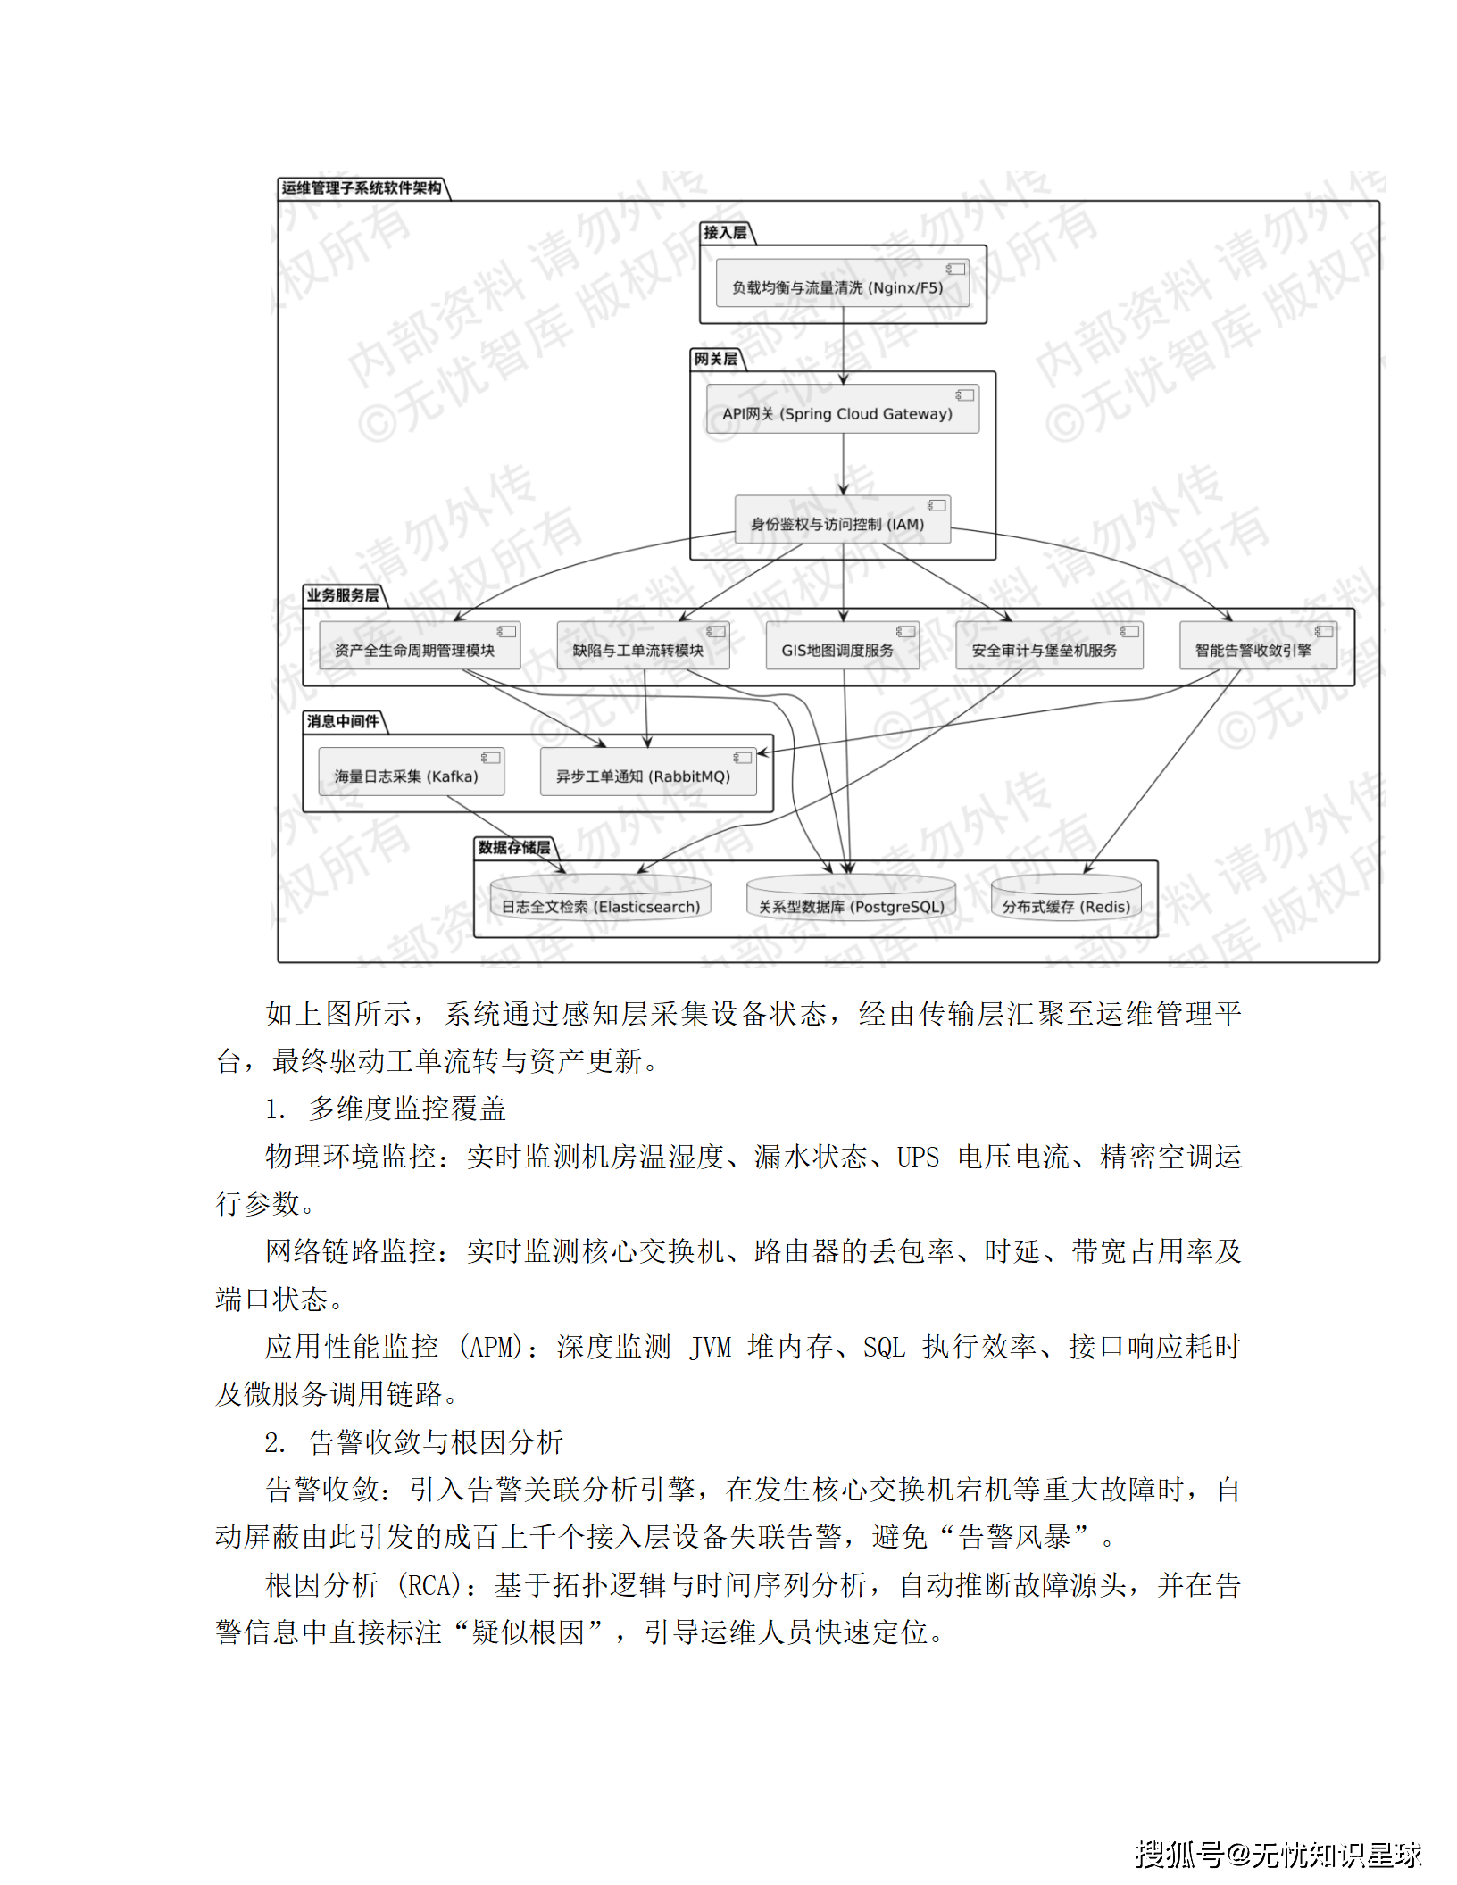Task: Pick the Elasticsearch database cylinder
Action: (x=600, y=900)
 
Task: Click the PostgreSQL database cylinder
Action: (x=851, y=900)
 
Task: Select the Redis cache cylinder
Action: (x=1066, y=900)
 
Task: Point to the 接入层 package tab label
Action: (x=725, y=233)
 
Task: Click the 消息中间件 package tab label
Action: (x=343, y=721)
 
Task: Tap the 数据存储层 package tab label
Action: (x=514, y=847)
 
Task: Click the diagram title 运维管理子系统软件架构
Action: (x=362, y=188)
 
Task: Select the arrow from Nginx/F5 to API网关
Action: (x=843, y=344)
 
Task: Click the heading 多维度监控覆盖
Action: (x=407, y=1109)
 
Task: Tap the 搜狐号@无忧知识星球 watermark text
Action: (x=1278, y=1855)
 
